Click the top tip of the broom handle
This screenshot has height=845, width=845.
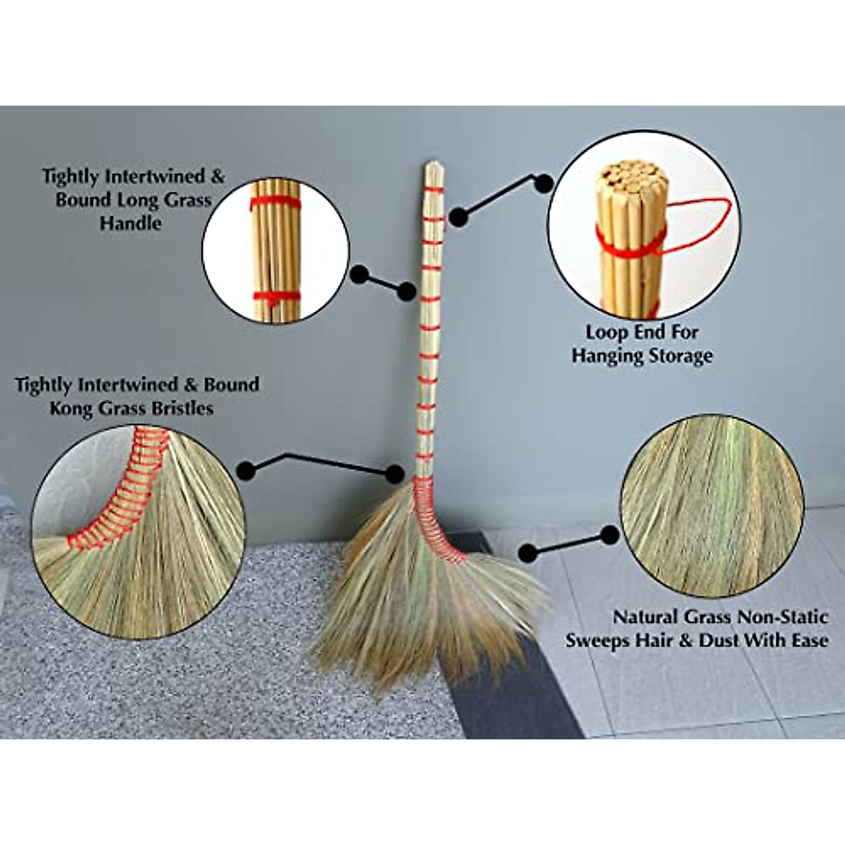(432, 166)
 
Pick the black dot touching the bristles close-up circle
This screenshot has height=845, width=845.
(246, 470)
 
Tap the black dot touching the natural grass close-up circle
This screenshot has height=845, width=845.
(610, 536)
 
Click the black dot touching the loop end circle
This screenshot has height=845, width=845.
(543, 183)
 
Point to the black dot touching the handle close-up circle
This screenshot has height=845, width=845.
(359, 275)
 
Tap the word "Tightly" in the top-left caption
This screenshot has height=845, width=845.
(76, 176)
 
